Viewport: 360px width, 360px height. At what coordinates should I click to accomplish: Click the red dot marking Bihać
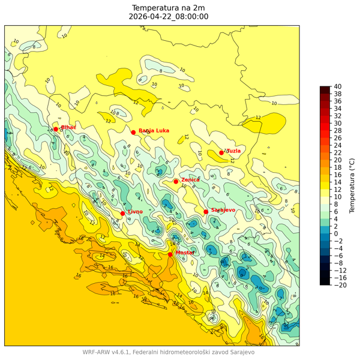click(56, 129)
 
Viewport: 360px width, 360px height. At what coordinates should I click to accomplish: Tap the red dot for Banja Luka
click(133, 133)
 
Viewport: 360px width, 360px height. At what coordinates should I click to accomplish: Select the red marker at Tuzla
click(221, 153)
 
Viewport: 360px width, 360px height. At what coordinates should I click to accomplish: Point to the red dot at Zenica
click(176, 181)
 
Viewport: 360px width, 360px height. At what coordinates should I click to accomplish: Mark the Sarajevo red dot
click(206, 212)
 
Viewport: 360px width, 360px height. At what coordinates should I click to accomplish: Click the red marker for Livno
click(122, 214)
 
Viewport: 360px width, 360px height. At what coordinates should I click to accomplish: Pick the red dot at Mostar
click(170, 254)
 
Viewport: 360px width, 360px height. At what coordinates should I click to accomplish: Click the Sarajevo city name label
click(223, 210)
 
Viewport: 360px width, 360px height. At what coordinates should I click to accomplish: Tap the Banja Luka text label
click(154, 130)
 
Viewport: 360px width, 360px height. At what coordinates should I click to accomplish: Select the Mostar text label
click(185, 253)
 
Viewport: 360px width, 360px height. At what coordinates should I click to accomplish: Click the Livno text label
click(135, 212)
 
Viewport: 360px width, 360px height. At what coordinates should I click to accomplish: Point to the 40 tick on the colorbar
click(338, 86)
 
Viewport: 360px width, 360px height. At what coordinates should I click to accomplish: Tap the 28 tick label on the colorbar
click(338, 130)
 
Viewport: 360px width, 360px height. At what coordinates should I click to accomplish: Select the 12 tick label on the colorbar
click(338, 189)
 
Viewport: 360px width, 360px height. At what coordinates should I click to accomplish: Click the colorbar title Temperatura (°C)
click(352, 185)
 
